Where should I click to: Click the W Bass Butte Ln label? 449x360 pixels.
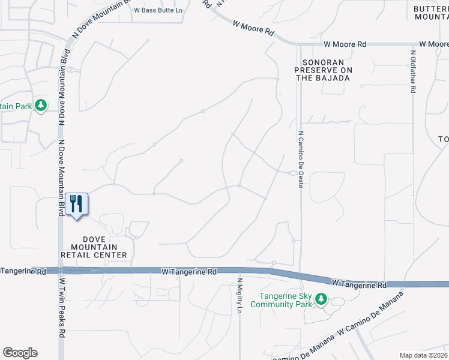(x=157, y=10)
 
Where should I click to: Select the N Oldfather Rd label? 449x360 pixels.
(x=413, y=71)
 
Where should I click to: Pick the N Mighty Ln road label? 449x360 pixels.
(x=239, y=295)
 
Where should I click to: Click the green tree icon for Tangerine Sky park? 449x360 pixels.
(x=321, y=298)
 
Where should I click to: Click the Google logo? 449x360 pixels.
(x=20, y=353)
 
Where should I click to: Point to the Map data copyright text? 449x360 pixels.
(x=423, y=355)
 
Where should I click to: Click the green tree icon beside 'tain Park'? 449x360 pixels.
(x=41, y=106)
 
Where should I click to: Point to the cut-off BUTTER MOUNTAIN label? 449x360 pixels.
(x=431, y=13)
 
